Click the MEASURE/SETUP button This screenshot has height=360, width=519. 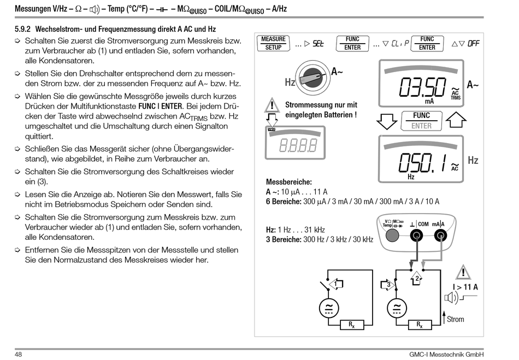(273, 43)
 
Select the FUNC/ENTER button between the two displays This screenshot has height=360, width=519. (421, 121)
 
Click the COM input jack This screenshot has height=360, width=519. (417, 236)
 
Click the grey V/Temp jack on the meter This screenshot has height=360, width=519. (391, 236)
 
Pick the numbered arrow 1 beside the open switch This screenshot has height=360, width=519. (338, 284)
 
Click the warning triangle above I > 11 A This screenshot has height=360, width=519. (464, 272)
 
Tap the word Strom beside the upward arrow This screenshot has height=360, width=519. (456, 320)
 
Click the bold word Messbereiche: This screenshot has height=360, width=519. (288, 181)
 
